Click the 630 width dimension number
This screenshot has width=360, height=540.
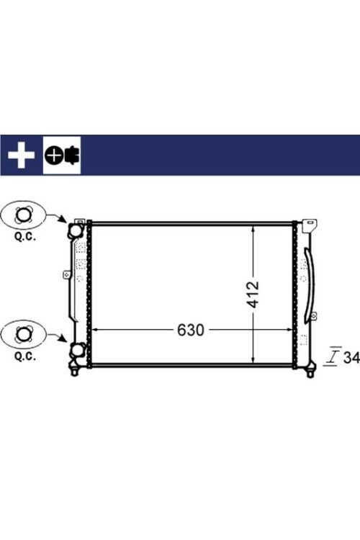(x=191, y=330)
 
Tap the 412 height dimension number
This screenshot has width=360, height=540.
(x=253, y=294)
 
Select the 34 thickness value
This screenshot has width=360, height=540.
(x=351, y=358)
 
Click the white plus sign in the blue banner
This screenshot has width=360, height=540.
(x=22, y=155)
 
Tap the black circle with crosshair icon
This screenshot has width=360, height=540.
(x=53, y=156)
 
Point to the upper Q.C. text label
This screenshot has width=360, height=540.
(x=24, y=238)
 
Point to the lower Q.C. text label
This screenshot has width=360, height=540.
(x=24, y=356)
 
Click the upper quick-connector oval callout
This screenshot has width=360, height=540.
(x=24, y=215)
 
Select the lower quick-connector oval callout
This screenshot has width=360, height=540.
(x=24, y=335)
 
